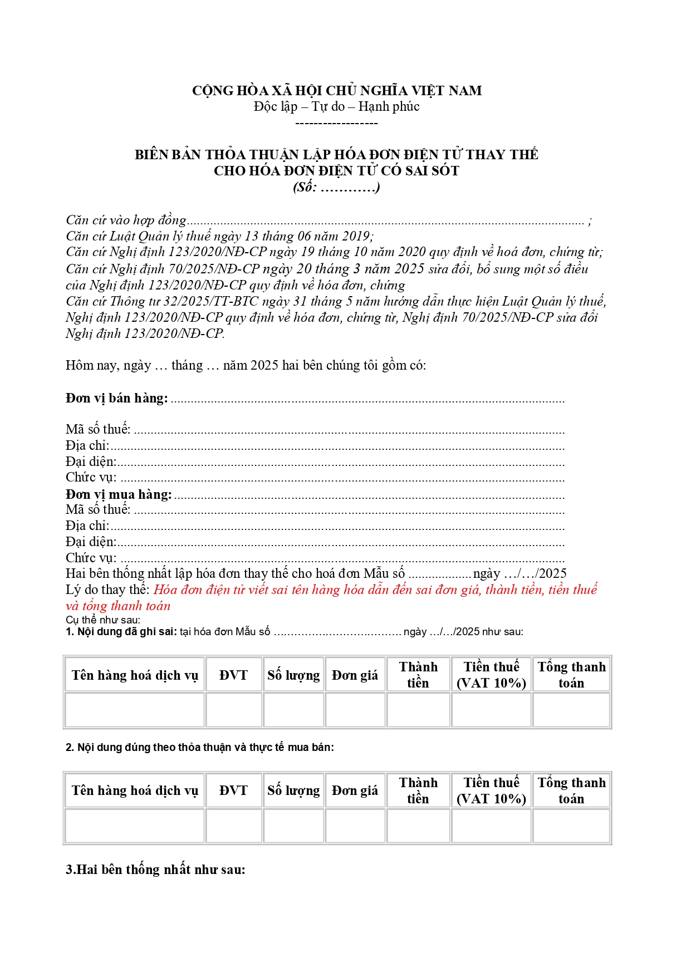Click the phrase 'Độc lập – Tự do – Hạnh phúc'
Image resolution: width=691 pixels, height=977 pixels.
pos(336,106)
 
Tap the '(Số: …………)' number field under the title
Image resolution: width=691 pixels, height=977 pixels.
pos(336,187)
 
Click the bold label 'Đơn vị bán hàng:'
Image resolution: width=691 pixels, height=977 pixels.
pos(116,398)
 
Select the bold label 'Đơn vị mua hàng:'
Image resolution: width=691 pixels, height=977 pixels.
pos(119,494)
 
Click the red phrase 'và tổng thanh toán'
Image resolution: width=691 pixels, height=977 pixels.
pos(118,606)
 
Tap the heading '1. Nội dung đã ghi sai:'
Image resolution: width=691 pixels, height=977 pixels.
pos(121,631)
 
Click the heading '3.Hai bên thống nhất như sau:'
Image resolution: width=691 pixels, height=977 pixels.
pos(155,870)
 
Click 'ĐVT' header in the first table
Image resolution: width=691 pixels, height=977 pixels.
pos(233,675)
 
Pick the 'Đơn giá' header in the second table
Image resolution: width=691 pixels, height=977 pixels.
pos(355,791)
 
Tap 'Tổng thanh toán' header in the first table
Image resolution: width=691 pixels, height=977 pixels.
pos(571,675)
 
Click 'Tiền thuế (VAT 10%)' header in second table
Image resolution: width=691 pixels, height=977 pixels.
pos(491,791)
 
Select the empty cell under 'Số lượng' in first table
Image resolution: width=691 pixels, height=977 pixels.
pos(293,710)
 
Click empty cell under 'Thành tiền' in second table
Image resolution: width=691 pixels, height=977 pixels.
pos(418,825)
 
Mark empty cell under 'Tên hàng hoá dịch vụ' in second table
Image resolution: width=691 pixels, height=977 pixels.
pos(135,825)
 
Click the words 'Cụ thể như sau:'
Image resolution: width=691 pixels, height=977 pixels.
pos(103,620)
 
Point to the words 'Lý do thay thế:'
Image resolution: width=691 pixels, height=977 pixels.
pos(107,590)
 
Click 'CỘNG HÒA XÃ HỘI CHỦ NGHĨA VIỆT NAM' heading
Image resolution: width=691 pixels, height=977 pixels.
pos(336,90)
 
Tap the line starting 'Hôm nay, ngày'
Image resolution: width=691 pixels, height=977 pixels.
pos(245,365)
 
